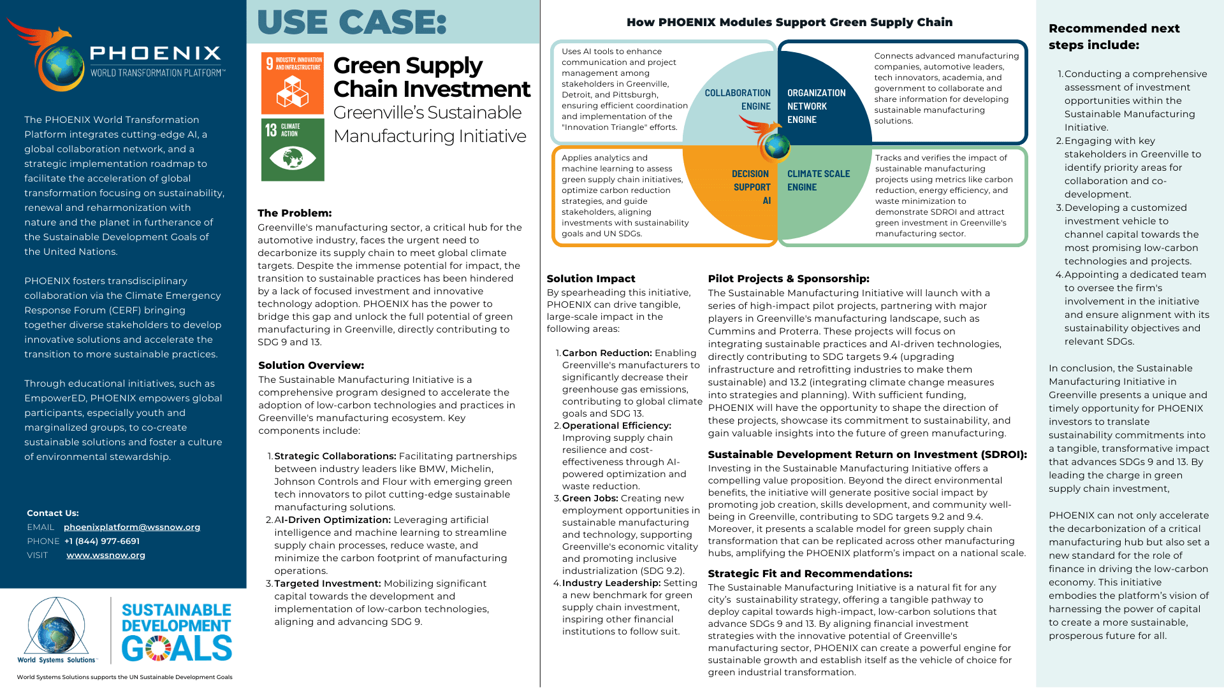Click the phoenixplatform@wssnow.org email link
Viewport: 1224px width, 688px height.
132,527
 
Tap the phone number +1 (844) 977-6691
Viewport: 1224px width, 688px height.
102,541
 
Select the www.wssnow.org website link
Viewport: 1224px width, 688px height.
106,555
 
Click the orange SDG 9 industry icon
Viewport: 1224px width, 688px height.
293,83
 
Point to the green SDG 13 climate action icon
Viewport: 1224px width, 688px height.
293,150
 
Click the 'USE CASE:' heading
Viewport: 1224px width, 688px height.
352,22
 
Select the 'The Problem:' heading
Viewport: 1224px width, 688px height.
295,213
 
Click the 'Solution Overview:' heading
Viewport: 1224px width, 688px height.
311,366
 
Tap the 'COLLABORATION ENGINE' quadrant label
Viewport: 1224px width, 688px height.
738,100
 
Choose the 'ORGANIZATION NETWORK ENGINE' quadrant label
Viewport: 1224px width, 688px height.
816,106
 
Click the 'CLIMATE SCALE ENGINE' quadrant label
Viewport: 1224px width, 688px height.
819,181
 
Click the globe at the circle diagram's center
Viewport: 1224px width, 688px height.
777,147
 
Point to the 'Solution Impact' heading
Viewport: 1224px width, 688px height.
591,279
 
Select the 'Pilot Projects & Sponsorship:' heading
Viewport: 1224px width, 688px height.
789,279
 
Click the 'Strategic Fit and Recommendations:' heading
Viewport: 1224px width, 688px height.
810,574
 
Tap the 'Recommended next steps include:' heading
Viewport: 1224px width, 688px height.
1114,37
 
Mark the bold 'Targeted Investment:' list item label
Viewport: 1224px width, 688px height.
328,584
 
